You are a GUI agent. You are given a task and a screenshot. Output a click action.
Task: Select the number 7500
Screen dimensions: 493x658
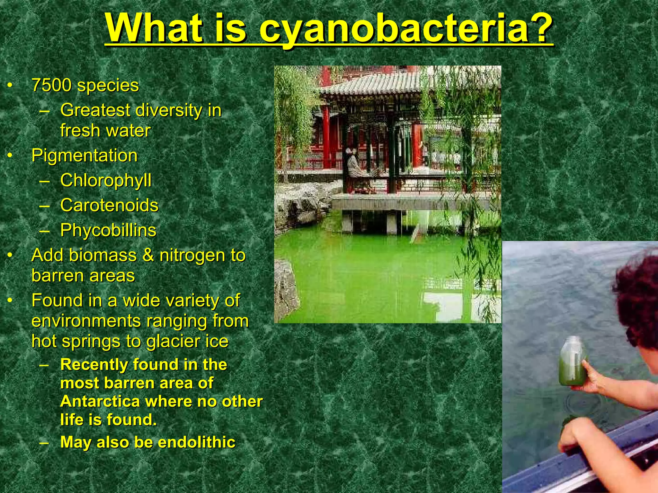[x=51, y=85]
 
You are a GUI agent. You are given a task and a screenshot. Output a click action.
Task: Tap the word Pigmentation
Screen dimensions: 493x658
[x=84, y=156]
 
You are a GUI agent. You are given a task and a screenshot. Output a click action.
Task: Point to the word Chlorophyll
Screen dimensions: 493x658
[x=106, y=180]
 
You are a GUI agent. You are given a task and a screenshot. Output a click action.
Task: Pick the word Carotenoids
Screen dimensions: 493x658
[x=109, y=205]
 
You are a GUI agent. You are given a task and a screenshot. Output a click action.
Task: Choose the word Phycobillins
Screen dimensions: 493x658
[x=108, y=230]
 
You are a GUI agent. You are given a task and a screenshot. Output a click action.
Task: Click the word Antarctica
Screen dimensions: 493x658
[x=100, y=402]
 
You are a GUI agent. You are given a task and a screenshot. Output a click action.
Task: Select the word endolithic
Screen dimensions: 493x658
[x=197, y=442]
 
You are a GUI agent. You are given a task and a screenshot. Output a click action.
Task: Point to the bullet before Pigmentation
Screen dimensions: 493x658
[x=10, y=156]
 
